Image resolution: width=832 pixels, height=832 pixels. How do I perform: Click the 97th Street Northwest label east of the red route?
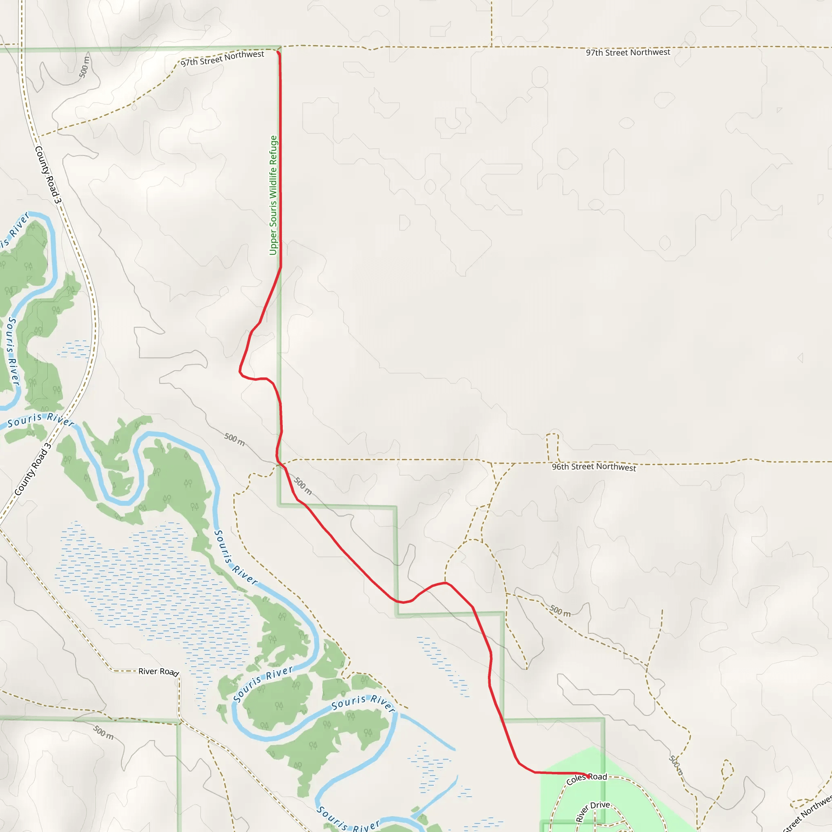(628, 52)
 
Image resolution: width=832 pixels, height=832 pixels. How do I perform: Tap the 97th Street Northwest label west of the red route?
(222, 58)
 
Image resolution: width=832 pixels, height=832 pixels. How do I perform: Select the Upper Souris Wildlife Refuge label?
(273, 195)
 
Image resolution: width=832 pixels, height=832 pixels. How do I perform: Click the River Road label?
(158, 672)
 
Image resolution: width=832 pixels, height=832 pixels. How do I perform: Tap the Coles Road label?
(587, 779)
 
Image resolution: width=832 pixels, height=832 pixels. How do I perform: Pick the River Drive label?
(593, 811)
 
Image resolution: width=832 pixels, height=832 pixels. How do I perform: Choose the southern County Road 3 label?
(33, 469)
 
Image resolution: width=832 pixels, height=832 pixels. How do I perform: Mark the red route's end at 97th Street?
(278, 52)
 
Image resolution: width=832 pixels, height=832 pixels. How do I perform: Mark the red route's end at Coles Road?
(589, 776)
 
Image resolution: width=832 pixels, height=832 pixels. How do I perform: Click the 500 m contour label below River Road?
(103, 732)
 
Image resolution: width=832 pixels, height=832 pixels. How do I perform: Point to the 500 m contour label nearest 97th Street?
(84, 67)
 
